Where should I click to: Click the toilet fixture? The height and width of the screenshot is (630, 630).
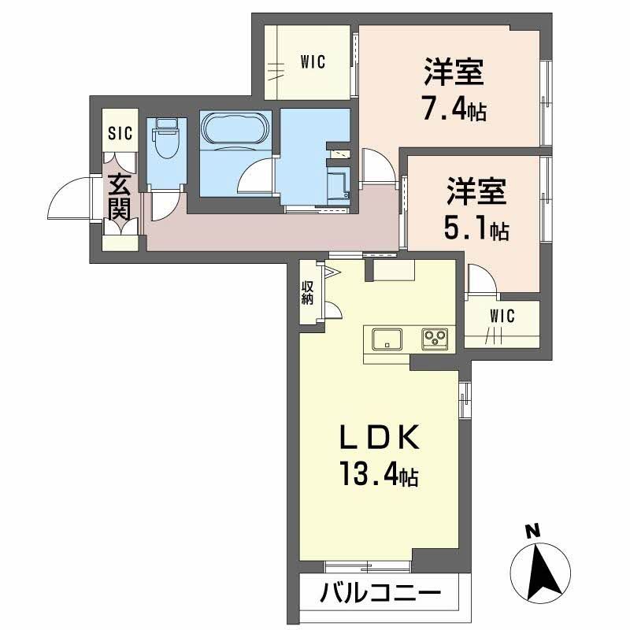[165, 142]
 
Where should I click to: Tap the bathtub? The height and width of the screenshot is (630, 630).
[235, 128]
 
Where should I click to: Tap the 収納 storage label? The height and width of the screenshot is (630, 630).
[307, 293]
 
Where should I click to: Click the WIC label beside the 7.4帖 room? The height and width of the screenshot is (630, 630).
[312, 61]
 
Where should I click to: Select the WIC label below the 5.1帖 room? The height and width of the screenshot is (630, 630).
[502, 317]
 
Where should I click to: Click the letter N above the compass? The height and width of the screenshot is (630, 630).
[532, 532]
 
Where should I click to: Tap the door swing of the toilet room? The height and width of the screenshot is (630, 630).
[163, 205]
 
